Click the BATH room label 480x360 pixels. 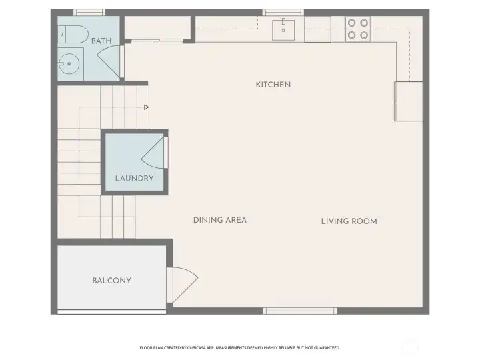point(101,41)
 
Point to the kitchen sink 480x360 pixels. point(285,29)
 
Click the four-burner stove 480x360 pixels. point(357,29)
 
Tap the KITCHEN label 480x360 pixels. point(273,85)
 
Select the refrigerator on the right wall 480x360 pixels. point(408,101)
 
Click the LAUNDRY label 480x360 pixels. point(134,178)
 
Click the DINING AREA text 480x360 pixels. point(220,220)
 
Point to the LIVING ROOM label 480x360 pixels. point(349,221)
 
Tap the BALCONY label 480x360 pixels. point(111,281)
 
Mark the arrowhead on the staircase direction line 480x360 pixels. point(146,107)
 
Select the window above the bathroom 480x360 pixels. point(89,12)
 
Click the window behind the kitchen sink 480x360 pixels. point(283,12)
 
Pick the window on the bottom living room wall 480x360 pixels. point(300,311)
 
